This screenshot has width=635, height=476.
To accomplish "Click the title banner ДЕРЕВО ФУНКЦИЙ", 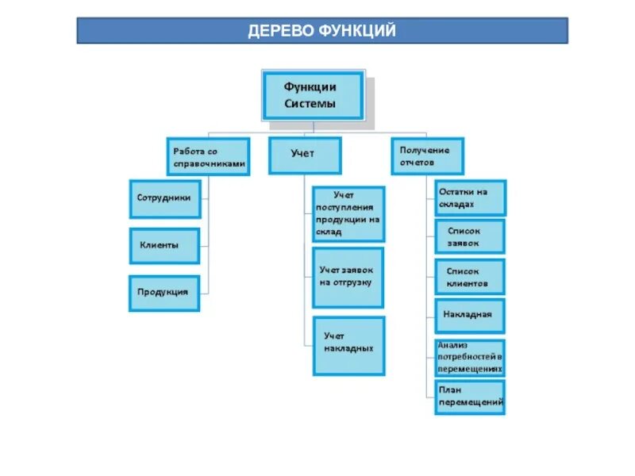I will tap(322, 31).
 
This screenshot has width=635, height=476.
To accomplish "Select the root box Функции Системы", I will tap(312, 94).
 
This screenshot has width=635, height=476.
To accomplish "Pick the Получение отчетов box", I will tap(427, 156).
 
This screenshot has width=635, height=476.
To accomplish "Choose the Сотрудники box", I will tap(164, 198).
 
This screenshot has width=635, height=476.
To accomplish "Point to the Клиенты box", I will tap(164, 245).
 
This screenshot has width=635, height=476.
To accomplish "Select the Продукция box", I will tap(164, 292).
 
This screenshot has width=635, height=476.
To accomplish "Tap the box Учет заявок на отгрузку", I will tap(348, 277).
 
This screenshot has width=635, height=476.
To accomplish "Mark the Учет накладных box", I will tap(348, 345).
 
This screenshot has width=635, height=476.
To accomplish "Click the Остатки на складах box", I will tap(470, 198).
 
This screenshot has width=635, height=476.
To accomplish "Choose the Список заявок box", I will tap(470, 236).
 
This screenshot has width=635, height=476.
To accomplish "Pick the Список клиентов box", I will tap(470, 277).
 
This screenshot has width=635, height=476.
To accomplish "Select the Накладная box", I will tap(470, 315).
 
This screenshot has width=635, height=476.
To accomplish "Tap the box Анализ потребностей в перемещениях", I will tap(470, 358).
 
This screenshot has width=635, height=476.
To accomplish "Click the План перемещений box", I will tap(470, 397).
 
